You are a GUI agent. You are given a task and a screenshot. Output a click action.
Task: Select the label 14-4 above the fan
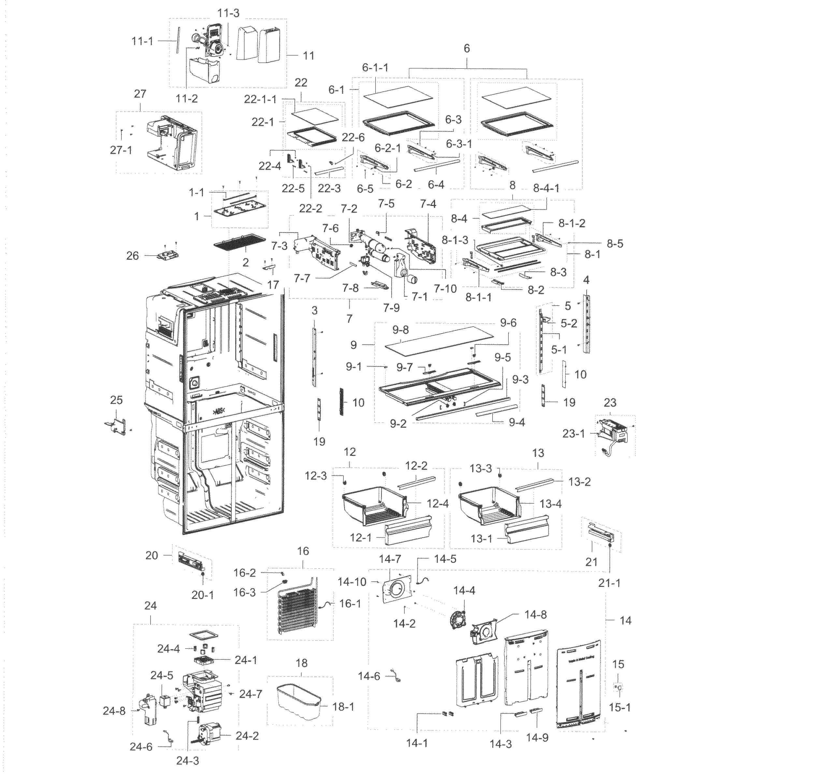(x=464, y=591)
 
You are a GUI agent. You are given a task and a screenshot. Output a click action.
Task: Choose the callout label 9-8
(x=400, y=330)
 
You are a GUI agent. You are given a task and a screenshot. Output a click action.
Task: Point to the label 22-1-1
(x=260, y=99)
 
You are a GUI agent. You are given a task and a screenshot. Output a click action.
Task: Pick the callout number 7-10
(x=445, y=288)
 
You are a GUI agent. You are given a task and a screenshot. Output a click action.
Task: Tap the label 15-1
(x=620, y=707)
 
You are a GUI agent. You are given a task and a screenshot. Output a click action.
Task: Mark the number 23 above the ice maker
(x=610, y=403)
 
